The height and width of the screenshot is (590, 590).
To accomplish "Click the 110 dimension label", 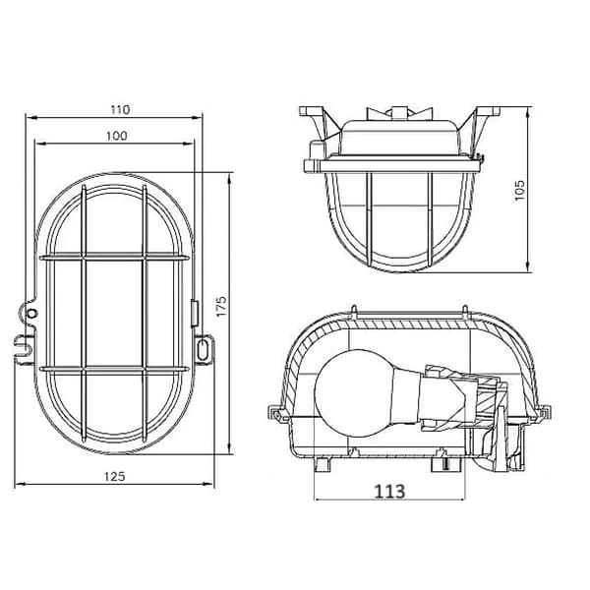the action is (x=120, y=109).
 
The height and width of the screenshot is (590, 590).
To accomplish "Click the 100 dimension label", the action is (x=117, y=136).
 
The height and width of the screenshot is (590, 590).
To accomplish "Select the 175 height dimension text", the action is (x=221, y=306).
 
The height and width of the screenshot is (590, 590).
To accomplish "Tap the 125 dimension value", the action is (x=114, y=476).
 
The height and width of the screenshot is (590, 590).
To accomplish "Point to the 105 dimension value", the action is (x=519, y=191).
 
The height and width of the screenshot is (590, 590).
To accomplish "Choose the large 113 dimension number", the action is (x=389, y=491).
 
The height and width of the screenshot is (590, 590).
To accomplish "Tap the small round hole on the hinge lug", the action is (x=32, y=313).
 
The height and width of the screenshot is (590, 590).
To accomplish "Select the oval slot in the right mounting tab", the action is (x=203, y=349).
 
